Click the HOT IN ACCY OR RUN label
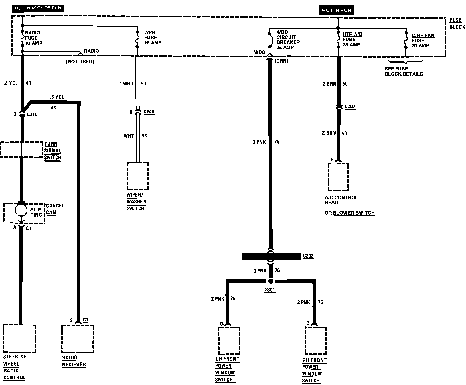tap(38, 8)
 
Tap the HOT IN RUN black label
tap(337, 10)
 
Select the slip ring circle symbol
tap(21, 210)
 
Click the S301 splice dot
tap(271, 281)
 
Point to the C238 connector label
tap(308, 256)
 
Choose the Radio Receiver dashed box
tap(78, 339)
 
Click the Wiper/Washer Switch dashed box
tap(137, 176)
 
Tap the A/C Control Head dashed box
tap(338, 177)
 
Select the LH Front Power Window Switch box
tap(229, 341)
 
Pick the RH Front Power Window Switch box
tap(315, 341)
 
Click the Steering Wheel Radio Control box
tap(20, 339)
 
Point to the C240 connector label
tap(149, 112)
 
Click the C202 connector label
tap(350, 107)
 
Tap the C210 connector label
tap(32, 115)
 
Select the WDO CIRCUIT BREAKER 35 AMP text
tap(288, 40)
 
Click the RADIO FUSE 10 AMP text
tap(33, 38)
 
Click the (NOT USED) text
tap(80, 62)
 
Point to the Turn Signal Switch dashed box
tap(21, 149)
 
